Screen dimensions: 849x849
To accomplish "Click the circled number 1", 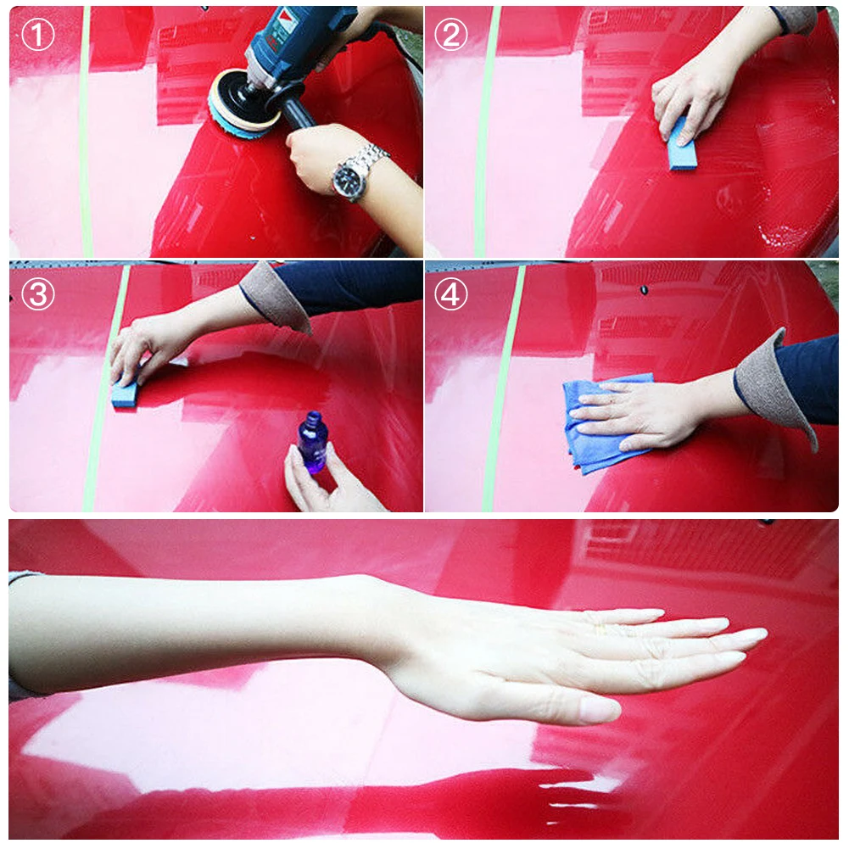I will click(x=37, y=35).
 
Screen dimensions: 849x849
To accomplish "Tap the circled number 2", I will click(x=451, y=35).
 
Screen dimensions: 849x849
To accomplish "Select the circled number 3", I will click(x=37, y=293).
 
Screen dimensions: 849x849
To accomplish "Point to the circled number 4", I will click(x=451, y=293).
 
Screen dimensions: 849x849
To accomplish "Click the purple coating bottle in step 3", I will click(x=312, y=443).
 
